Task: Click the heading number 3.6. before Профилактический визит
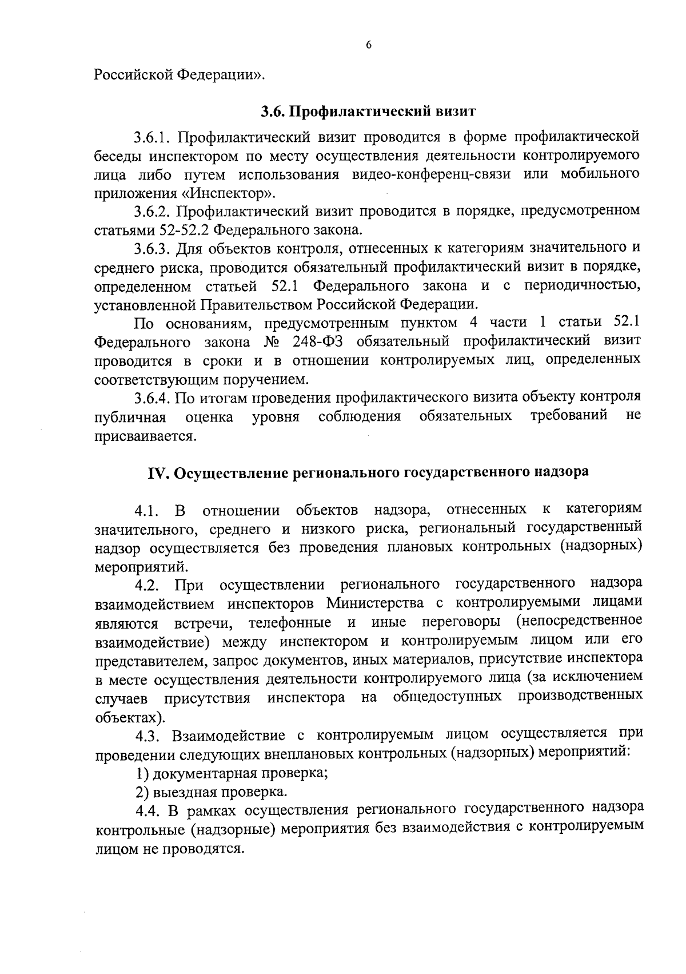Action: (276, 111)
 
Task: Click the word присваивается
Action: (145, 436)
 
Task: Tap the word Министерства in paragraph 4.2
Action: (376, 603)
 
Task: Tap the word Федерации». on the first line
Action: (220, 74)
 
